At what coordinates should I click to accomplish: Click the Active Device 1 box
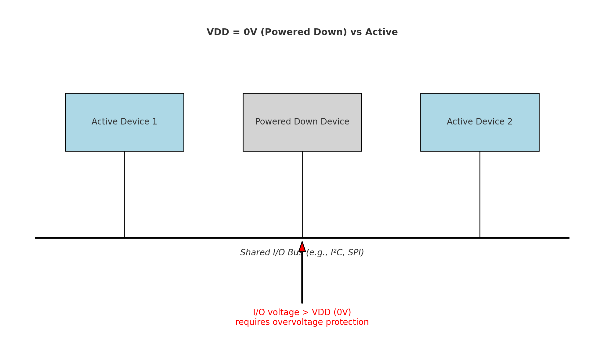tap(125, 134)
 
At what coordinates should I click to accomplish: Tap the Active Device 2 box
tap(479, 134)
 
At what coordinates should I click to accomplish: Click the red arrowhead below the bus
tap(302, 247)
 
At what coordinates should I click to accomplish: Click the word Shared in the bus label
tap(251, 253)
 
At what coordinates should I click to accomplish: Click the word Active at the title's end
tap(382, 32)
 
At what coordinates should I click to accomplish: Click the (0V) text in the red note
tap(342, 312)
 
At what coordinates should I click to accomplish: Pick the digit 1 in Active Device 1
tap(155, 122)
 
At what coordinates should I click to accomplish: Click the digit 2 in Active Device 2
tap(510, 122)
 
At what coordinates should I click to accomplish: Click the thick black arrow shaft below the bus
tap(302, 281)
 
